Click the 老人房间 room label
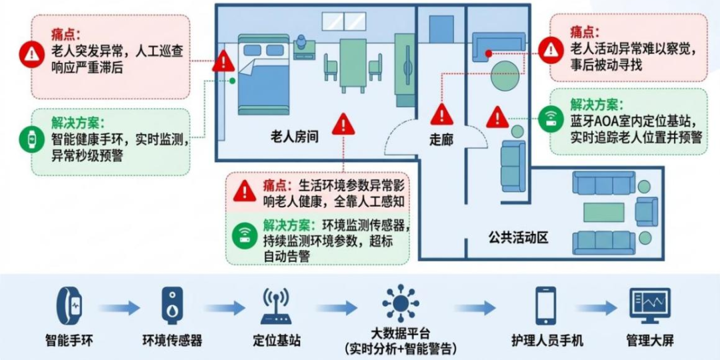[295, 137]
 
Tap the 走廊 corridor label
[441, 139]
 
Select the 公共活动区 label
[519, 239]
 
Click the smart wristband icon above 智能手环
[69, 305]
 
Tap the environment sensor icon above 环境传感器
[172, 305]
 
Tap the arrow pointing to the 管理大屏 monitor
[597, 307]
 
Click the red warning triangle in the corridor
[442, 115]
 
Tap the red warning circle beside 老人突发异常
[32, 54]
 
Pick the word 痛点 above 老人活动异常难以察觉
[585, 33]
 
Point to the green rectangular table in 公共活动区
[603, 212]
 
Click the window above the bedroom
[344, 21]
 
